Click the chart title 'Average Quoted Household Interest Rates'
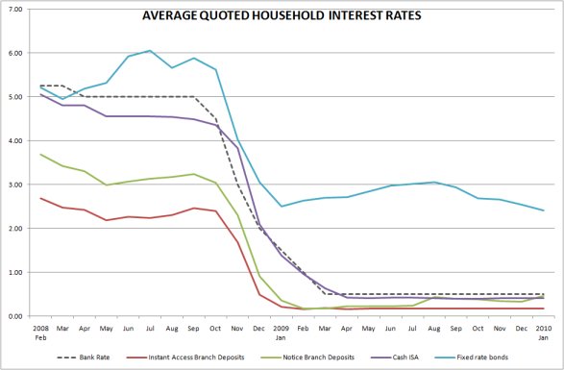(x=282, y=16)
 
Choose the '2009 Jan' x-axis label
(x=281, y=332)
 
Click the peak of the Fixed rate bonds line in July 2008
(x=149, y=51)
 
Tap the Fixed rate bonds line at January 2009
(x=281, y=206)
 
